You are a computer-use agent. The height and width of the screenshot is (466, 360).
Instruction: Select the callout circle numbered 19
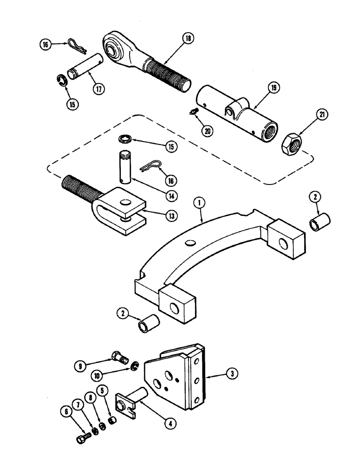click(273, 87)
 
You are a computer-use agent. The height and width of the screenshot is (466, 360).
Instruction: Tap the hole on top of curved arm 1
click(189, 242)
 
